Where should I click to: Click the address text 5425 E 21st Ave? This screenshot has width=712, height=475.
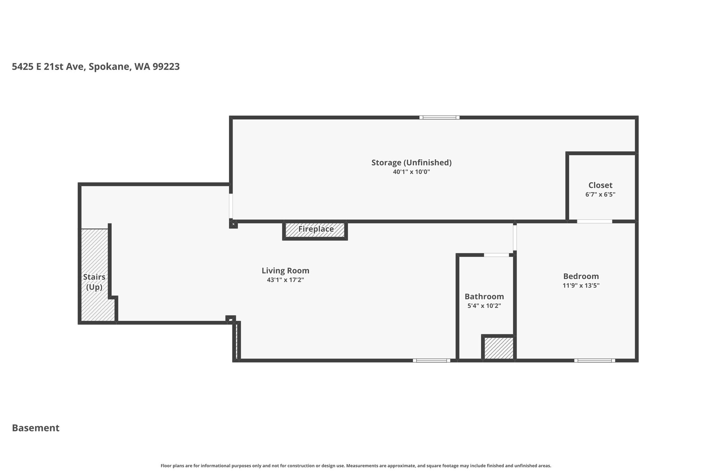49,66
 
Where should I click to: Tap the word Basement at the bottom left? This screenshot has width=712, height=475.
36,428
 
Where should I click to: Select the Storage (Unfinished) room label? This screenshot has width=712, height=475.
411,163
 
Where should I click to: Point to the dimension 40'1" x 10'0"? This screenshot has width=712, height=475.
411,172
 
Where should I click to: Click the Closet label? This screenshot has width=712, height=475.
600,185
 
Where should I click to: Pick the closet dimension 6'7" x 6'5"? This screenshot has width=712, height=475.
600,195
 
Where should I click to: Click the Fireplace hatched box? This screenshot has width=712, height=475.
315,230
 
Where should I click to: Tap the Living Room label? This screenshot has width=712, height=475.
285,271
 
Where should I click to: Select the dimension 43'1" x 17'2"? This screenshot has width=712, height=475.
285,280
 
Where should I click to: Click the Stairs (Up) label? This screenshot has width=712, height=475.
94,282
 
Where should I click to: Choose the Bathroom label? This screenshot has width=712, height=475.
484,296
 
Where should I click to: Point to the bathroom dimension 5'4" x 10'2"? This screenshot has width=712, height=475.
484,306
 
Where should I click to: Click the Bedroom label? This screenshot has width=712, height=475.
581,276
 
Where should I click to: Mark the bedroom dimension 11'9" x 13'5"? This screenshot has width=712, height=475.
581,286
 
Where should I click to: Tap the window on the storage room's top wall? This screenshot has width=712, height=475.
439,118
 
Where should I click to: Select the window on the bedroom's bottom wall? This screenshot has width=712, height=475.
594,361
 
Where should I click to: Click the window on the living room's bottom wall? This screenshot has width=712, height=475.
431,361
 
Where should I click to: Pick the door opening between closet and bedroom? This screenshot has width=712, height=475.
595,221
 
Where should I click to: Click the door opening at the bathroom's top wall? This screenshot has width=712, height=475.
496,255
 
